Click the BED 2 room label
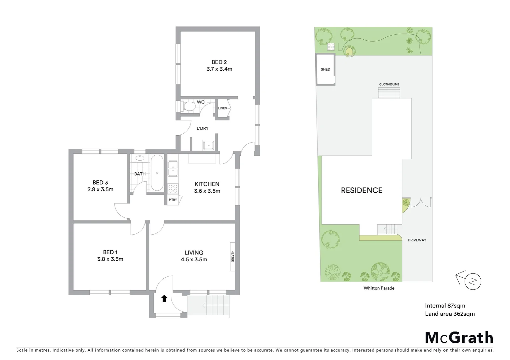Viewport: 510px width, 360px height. pyautogui.click(x=219, y=62)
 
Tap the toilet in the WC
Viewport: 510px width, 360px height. pyautogui.click(x=189, y=107)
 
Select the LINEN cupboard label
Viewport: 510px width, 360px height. pyautogui.click(x=222, y=108)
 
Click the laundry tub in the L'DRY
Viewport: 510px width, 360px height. pyautogui.click(x=208, y=146)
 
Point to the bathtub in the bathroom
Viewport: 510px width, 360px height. pyautogui.click(x=157, y=173)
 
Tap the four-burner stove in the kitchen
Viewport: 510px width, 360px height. pyautogui.click(x=173, y=189)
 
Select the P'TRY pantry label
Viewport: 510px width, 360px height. pyautogui.click(x=173, y=200)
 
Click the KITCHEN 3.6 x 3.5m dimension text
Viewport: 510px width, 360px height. pyautogui.click(x=207, y=191)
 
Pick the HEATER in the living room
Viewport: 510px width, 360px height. pyautogui.click(x=232, y=256)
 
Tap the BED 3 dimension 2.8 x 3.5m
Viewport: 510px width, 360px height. pyautogui.click(x=100, y=189)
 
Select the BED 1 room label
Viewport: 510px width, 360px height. pyautogui.click(x=110, y=252)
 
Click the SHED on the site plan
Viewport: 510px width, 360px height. pyautogui.click(x=325, y=69)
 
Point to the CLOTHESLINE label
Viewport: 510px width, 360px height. pyautogui.click(x=389, y=84)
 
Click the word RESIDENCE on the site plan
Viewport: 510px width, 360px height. pyautogui.click(x=362, y=190)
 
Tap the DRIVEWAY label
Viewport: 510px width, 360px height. pyautogui.click(x=417, y=240)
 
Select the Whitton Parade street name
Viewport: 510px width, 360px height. pyautogui.click(x=379, y=288)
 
